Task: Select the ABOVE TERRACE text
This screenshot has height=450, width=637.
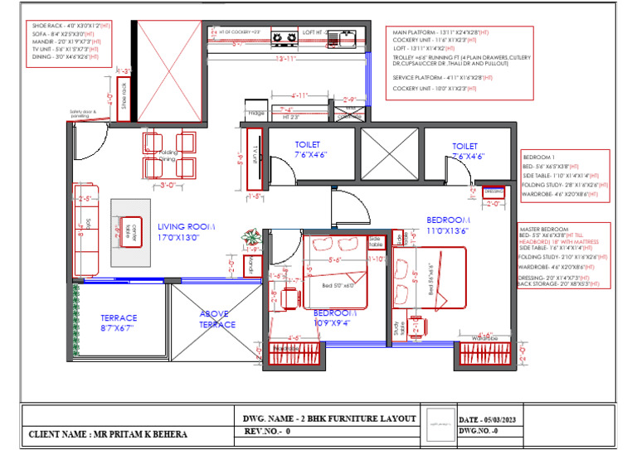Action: [216, 319]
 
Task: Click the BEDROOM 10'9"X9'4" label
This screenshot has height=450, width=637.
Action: [336, 318]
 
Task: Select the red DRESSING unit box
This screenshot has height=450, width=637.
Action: [494, 190]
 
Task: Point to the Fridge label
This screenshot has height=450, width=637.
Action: [255, 114]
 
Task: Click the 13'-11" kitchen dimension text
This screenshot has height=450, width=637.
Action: [286, 59]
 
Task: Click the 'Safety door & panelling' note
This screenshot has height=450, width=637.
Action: [83, 114]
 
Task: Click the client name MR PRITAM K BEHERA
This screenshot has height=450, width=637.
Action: [108, 434]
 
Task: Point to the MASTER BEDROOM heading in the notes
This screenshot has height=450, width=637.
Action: [544, 229]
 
